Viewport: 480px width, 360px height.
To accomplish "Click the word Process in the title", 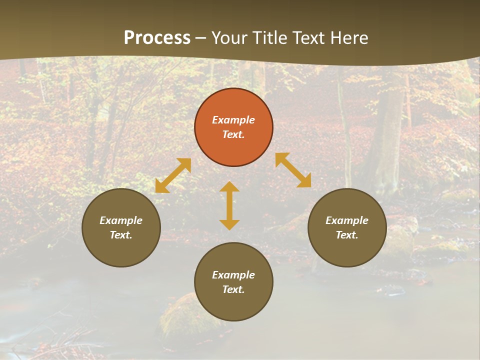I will [157, 38].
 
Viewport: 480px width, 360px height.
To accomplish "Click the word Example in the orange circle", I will [233, 120].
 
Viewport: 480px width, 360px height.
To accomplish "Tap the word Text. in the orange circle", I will [233, 135].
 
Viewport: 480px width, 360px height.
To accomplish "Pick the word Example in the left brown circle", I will [121, 220].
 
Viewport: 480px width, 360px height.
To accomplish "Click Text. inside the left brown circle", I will [121, 235].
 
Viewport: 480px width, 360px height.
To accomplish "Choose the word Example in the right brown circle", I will [347, 220].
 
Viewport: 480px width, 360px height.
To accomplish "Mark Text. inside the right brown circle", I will [347, 235].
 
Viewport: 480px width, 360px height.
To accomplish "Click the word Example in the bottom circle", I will [233, 275].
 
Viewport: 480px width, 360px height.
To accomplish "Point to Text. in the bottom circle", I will [233, 290].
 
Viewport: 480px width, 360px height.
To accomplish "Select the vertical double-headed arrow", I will [229, 205].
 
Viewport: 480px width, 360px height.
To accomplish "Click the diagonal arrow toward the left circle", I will [173, 175].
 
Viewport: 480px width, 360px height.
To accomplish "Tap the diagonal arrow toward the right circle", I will [293, 170].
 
